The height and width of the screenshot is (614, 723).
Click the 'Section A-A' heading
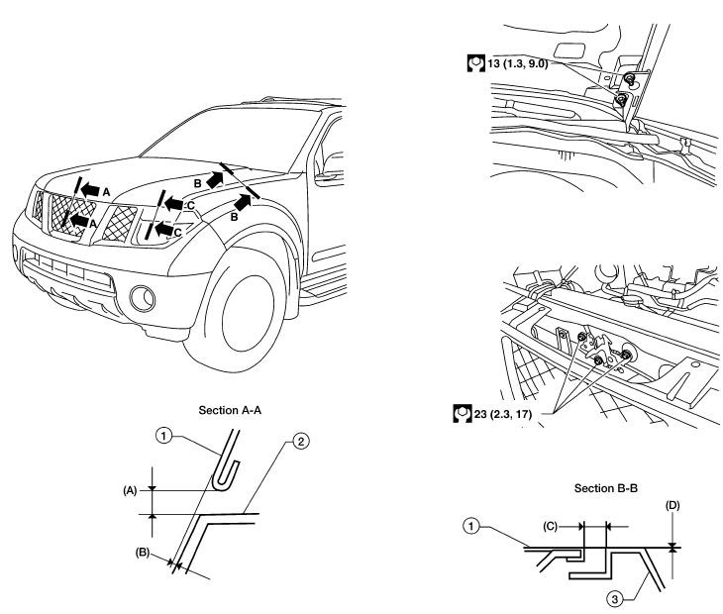pyautogui.click(x=230, y=410)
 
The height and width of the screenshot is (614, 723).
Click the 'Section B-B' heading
pyautogui.click(x=605, y=488)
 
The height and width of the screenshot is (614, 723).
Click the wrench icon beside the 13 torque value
pyautogui.click(x=475, y=63)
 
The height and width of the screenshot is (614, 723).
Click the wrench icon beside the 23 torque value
pyautogui.click(x=462, y=414)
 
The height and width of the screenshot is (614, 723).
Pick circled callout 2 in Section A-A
pyautogui.click(x=300, y=442)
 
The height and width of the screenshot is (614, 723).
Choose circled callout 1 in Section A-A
pyautogui.click(x=164, y=436)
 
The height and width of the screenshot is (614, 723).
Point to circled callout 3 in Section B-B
pyautogui.click(x=615, y=600)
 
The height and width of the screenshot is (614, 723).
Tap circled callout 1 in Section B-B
pyautogui.click(x=470, y=526)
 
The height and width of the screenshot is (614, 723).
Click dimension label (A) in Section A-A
pyautogui.click(x=130, y=491)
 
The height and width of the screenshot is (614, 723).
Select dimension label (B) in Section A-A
pyautogui.click(x=142, y=552)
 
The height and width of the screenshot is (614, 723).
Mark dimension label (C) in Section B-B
pyautogui.click(x=550, y=526)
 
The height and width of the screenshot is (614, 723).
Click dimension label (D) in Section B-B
pyautogui.click(x=672, y=506)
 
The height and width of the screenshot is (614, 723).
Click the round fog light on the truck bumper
pyautogui.click(x=143, y=298)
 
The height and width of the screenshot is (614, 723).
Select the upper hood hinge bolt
pyautogui.click(x=629, y=79)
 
